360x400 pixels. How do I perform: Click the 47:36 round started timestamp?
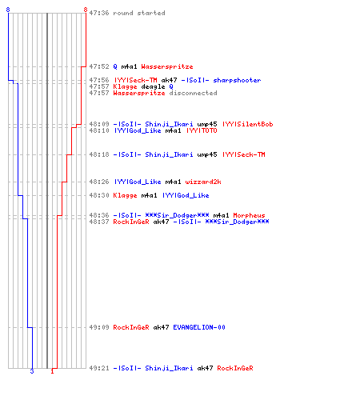pos(99,13)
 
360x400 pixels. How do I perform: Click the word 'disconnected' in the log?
pos(193,93)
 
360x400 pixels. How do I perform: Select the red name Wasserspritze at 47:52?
pos(167,66)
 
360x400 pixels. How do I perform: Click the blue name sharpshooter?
pos(237,80)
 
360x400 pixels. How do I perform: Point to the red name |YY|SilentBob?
pos(247,124)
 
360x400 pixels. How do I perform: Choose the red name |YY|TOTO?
pos(202,130)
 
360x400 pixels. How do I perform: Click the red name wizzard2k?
pos(203,182)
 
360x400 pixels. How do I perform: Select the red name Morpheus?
pos(249,215)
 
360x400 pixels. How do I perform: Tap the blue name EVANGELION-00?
pos(199,327)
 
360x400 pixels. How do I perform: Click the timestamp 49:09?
pos(99,327)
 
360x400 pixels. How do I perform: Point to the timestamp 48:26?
pos(99,182)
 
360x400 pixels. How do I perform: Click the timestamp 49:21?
pos(99,368)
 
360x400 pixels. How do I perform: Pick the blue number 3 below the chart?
pos(32,371)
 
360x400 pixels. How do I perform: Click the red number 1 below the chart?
pos(52,371)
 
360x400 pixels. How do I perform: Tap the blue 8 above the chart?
pos(8,10)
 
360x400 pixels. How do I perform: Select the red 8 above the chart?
pos(86,10)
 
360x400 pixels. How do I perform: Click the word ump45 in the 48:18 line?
pos(207,154)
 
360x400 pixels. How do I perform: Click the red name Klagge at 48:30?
pos(125,195)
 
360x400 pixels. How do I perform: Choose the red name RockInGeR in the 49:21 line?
pos(235,368)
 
